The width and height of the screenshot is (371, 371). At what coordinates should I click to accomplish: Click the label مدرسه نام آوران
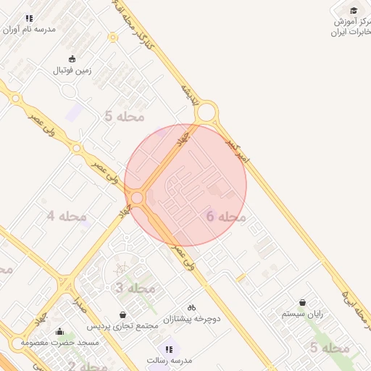30,30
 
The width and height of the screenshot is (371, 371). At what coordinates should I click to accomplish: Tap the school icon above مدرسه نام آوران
29,18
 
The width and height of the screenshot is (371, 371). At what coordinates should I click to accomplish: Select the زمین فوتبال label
71,71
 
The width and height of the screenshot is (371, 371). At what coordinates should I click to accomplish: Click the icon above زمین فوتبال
71,59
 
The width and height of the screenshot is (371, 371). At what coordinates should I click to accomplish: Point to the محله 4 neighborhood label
67,216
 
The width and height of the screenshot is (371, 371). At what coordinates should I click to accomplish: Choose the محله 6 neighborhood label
227,217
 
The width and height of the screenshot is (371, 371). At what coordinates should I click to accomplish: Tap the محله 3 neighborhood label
136,288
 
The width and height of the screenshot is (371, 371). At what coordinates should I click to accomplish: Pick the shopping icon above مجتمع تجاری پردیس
122,315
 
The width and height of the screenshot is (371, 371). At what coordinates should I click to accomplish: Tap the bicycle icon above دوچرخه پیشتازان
191,307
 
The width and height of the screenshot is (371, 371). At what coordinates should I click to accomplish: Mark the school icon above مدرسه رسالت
169,349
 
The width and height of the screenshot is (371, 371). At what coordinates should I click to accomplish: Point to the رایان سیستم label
302,314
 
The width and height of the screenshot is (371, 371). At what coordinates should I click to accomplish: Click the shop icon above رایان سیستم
302,303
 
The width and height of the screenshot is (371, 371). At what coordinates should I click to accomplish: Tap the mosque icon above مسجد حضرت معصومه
59,331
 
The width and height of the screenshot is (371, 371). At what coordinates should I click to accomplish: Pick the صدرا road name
80,303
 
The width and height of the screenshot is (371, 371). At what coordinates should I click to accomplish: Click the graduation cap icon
354,10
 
